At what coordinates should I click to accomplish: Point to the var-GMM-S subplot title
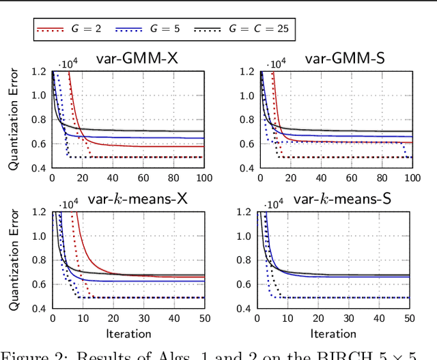click(344, 59)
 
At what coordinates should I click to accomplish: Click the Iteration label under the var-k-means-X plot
click(128, 333)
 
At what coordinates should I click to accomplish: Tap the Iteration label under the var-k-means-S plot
click(334, 333)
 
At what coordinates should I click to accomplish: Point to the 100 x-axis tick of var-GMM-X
click(205, 178)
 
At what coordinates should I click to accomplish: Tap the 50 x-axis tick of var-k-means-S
click(410, 319)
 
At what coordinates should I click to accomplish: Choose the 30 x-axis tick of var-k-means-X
click(144, 319)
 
